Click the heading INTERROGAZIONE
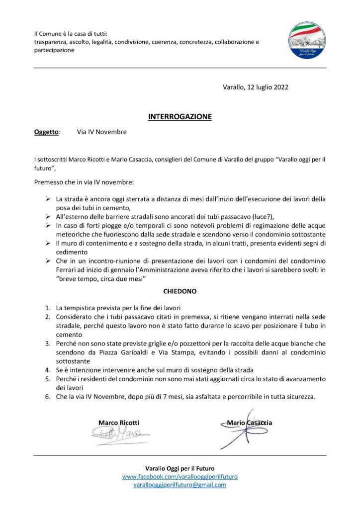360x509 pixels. pyautogui.click(x=180, y=117)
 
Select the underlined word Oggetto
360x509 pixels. pyautogui.click(x=46, y=132)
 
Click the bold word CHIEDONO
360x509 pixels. pyautogui.click(x=180, y=292)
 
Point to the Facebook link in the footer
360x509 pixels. pyautogui.click(x=180, y=476)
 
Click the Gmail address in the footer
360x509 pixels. pyautogui.click(x=180, y=485)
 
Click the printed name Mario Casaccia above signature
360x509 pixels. pyautogui.click(x=249, y=423)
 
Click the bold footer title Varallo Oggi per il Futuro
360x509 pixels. pyautogui.click(x=180, y=468)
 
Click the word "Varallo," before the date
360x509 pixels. pyautogui.click(x=234, y=87)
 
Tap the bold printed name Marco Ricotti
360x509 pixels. pyautogui.click(x=119, y=423)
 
